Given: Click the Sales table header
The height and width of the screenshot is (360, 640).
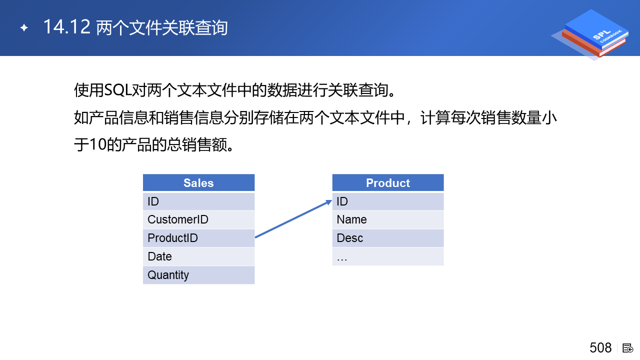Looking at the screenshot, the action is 198,182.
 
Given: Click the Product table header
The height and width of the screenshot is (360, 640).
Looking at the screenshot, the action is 388,182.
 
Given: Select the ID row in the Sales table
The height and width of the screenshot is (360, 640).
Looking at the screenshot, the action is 198,201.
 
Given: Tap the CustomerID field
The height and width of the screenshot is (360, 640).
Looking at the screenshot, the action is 198,219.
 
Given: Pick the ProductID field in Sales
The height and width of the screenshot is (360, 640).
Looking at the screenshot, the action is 198,238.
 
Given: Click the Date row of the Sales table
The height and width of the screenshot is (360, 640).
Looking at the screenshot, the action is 198,256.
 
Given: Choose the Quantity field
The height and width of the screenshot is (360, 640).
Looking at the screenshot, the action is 198,275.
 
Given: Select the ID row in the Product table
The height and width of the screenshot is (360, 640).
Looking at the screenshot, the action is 388,201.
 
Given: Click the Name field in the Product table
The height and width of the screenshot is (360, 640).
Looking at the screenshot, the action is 388,219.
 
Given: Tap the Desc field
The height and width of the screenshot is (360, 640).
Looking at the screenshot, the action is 388,238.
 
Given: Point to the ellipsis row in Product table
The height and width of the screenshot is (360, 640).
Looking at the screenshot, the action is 388,256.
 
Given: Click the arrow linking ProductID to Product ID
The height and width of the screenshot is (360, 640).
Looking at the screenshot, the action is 293,218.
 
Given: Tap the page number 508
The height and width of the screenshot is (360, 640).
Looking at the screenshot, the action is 600,348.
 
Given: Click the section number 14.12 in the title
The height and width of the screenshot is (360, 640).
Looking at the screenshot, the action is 67,27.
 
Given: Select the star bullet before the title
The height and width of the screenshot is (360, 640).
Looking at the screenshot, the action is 24,27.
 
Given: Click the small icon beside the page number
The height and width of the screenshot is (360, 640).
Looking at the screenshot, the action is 627,348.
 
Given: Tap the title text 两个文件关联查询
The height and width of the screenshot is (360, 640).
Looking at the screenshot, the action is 162,27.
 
